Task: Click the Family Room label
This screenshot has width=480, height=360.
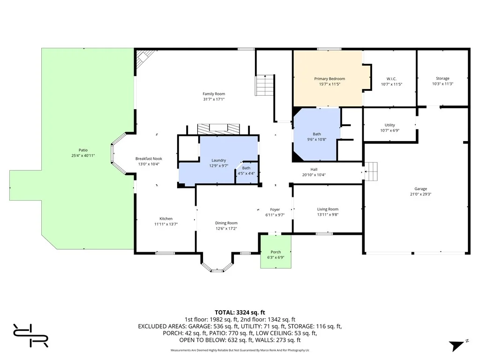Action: pyautogui.click(x=214, y=94)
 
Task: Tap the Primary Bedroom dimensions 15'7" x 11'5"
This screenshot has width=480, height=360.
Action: pyautogui.click(x=329, y=84)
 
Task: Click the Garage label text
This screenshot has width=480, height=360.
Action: pyautogui.click(x=420, y=189)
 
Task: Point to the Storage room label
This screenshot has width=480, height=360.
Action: pyautogui.click(x=442, y=78)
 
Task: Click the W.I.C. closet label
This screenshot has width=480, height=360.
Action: pyautogui.click(x=391, y=78)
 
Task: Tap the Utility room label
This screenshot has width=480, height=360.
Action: pyautogui.click(x=390, y=125)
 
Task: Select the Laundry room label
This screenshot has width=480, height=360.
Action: pyautogui.click(x=218, y=160)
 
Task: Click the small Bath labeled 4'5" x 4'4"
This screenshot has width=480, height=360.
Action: pyautogui.click(x=246, y=171)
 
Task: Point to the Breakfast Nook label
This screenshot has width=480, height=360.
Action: pyautogui.click(x=148, y=158)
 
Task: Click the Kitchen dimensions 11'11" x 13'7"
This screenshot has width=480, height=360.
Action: pyautogui.click(x=166, y=225)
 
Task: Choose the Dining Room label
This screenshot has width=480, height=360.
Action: pyautogui.click(x=226, y=223)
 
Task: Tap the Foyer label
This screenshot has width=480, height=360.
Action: pyautogui.click(x=275, y=210)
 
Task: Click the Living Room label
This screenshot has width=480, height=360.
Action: pyautogui.click(x=328, y=209)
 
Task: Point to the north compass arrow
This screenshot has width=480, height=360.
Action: pyautogui.click(x=457, y=345)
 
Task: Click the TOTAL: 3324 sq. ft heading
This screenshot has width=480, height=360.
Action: pyautogui.click(x=240, y=312)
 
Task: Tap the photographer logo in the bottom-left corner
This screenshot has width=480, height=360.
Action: pyautogui.click(x=30, y=335)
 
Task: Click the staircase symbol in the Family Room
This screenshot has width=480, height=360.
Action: pyautogui.click(x=264, y=85)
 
